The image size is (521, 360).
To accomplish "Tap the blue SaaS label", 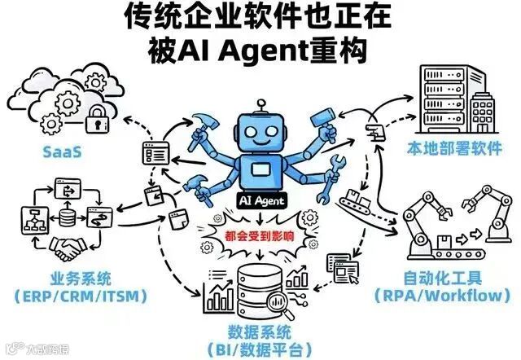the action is click(66, 151).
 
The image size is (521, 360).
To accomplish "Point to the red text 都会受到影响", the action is click(258, 238).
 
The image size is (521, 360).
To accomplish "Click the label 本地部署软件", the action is click(452, 149).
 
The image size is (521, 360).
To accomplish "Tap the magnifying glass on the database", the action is click(284, 308).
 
